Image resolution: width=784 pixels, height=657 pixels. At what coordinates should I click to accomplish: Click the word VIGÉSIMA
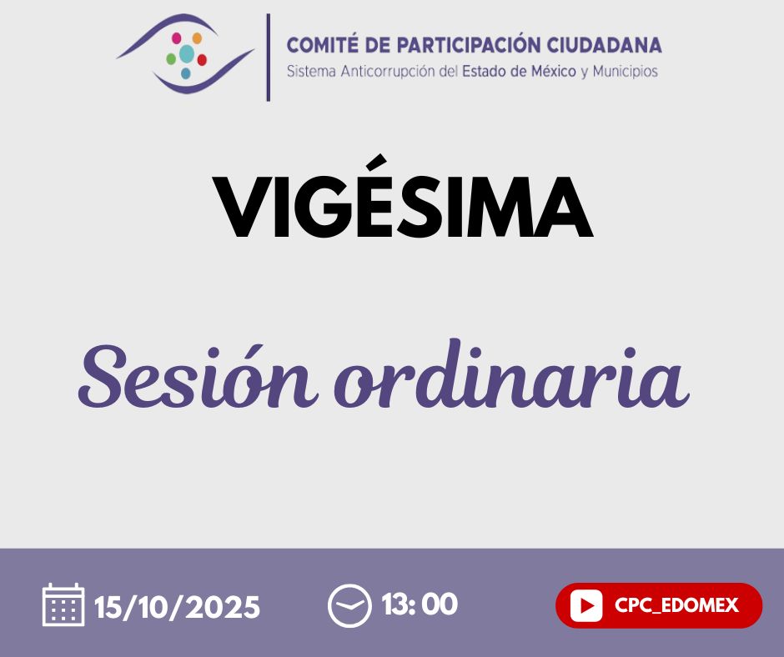[403, 198]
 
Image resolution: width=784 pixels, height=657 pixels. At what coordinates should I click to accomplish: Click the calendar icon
[63, 604]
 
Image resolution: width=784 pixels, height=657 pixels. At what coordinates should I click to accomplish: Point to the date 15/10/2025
[177, 607]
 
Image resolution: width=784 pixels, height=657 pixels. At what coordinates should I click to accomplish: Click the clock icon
[349, 605]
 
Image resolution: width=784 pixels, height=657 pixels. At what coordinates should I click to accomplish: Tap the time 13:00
[420, 604]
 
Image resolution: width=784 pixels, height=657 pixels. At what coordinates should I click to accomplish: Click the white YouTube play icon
[586, 605]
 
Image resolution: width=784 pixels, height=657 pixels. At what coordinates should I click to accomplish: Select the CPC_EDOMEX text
[676, 605]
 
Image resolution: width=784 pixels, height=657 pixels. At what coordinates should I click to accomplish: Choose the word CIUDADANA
[604, 45]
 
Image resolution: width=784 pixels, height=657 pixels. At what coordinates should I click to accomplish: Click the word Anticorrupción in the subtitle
[388, 72]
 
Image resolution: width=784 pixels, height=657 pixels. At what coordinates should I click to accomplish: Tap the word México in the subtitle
[554, 72]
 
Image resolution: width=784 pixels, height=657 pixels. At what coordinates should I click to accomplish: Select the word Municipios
[625, 72]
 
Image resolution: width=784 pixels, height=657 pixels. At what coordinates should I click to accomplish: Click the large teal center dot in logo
[187, 54]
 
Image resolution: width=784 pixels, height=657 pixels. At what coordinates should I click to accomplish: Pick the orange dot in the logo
[197, 38]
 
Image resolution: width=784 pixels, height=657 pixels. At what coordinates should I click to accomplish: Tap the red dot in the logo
[202, 60]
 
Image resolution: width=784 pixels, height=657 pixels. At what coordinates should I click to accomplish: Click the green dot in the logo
[171, 59]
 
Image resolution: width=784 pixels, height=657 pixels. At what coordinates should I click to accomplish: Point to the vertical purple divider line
[269, 58]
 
